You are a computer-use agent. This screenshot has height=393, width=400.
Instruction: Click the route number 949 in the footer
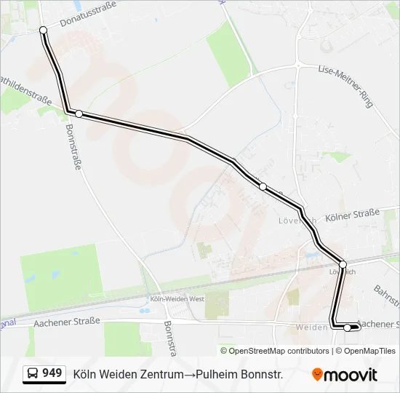52,373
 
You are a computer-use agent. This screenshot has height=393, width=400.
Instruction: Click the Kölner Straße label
353,215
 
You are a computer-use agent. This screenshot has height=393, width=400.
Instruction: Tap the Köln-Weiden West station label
177,298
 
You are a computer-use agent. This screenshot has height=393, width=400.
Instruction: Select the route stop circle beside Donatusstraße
43,30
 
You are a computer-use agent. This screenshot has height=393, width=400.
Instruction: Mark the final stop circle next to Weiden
348,327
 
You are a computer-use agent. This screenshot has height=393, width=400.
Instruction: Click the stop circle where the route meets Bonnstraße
79,114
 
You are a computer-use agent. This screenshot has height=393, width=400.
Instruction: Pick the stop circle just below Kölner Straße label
343,263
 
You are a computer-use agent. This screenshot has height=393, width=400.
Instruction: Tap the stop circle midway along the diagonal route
263,186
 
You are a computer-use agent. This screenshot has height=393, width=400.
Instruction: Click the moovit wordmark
351,375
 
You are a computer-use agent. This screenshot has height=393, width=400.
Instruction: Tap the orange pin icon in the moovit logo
317,375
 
